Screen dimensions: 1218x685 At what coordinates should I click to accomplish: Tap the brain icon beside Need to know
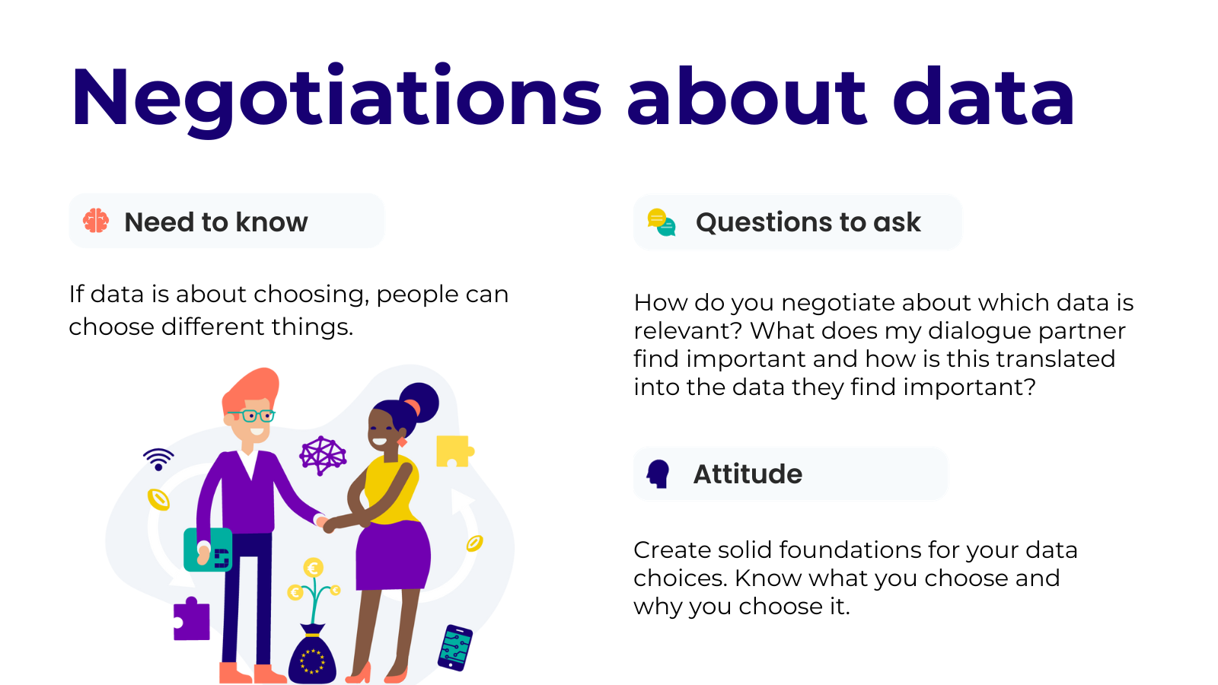pos(96,221)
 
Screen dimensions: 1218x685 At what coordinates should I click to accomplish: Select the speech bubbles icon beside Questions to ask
pos(662,222)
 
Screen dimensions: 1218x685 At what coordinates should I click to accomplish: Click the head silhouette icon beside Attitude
pos(658,474)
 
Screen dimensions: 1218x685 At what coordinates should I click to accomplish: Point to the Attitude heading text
pos(748,474)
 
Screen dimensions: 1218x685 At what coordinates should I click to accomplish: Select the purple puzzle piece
pos(191,619)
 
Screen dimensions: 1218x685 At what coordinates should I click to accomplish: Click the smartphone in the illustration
pos(455,648)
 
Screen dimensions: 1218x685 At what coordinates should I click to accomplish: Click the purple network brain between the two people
pos(323,455)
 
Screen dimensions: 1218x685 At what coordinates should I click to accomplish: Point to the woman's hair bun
pos(419,402)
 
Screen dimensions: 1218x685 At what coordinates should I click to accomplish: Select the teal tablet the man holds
pos(208,550)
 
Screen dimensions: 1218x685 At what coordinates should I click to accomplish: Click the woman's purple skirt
pos(393,556)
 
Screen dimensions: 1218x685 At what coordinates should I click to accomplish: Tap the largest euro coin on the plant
pos(313,568)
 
